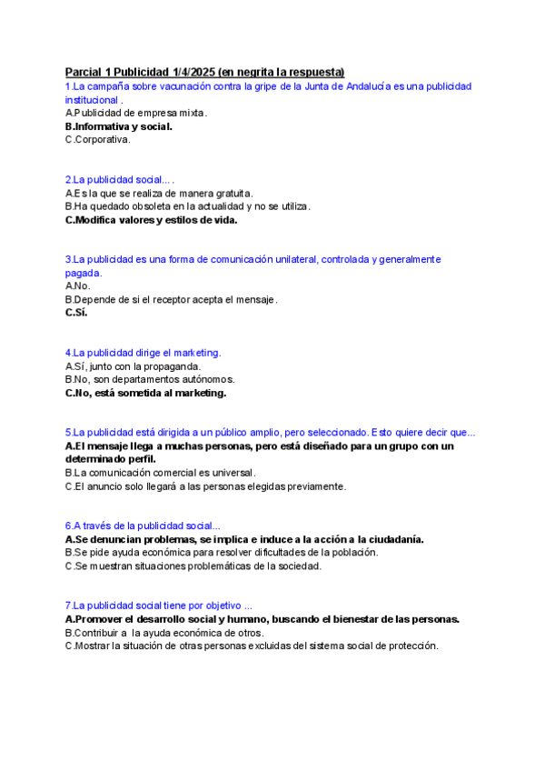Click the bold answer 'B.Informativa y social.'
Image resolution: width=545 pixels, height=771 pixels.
[x=119, y=126]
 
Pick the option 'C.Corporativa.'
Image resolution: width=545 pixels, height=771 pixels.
[x=98, y=140]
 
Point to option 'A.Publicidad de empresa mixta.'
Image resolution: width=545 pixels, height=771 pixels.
[x=136, y=113]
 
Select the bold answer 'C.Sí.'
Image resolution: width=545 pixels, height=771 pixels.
[x=76, y=313]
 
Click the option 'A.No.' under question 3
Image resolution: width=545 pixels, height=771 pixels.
[x=78, y=285]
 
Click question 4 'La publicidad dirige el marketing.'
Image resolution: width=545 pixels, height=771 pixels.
[x=143, y=352]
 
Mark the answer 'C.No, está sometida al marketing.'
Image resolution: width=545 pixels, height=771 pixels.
[x=145, y=393]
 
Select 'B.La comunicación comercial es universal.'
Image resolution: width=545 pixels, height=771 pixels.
[x=160, y=473]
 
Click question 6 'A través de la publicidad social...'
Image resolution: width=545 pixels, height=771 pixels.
[x=143, y=526]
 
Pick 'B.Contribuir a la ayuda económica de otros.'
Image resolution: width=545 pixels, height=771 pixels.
[x=164, y=632]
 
